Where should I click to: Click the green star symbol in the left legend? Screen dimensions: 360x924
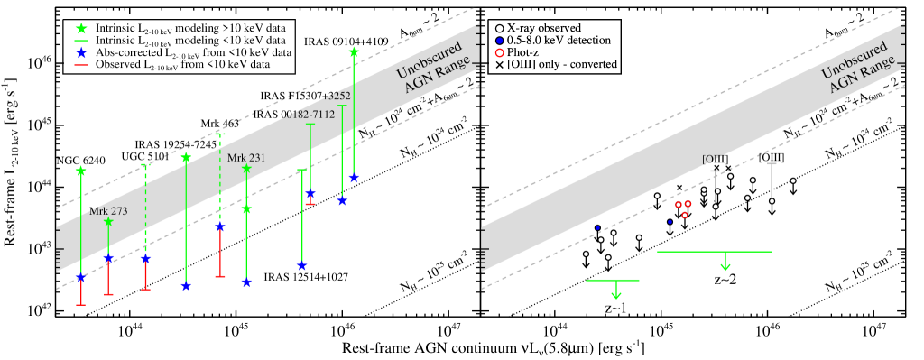[x=81, y=29]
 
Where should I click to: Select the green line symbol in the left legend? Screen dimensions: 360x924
[x=81, y=42]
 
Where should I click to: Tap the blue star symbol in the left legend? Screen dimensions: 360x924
[x=81, y=53]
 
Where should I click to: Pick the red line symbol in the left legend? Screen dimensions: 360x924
[x=81, y=65]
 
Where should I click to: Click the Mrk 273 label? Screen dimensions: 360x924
[x=108, y=211]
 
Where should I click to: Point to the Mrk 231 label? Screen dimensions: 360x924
[x=246, y=158]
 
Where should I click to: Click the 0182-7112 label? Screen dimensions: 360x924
[x=310, y=115]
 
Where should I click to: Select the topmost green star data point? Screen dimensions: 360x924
[x=354, y=52]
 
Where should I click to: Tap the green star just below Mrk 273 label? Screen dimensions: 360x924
[x=108, y=222]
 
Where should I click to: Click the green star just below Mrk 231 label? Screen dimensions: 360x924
[x=246, y=169]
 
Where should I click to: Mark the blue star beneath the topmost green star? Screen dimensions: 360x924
[x=354, y=178]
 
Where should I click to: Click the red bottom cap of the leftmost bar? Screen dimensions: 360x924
[x=81, y=305]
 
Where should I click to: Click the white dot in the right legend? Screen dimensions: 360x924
[x=499, y=29]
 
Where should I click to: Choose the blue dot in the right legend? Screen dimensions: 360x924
[x=499, y=41]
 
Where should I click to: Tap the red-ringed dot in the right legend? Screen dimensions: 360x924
[x=499, y=52]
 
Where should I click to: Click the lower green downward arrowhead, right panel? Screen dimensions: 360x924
[x=616, y=294]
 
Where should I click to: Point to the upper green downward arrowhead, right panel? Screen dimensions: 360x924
[x=725, y=266]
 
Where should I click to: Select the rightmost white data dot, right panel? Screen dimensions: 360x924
[x=793, y=180]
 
